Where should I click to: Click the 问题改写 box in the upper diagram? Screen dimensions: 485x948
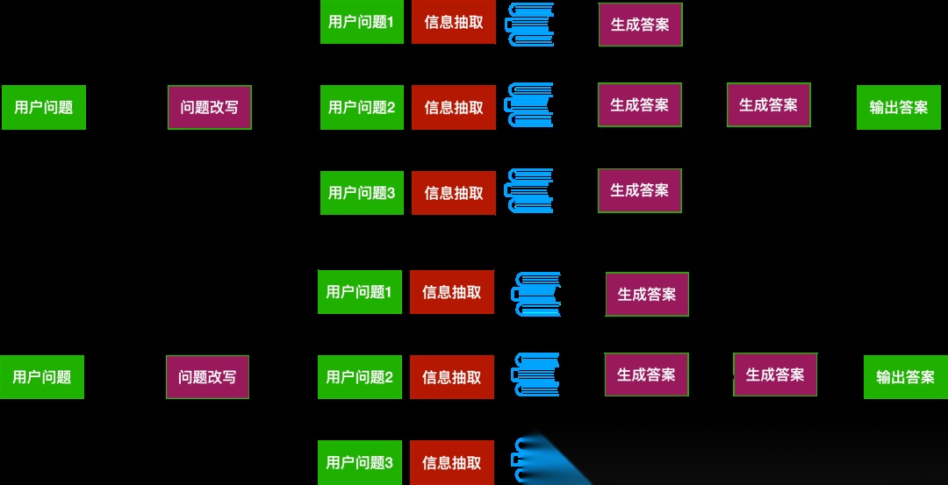click(210, 108)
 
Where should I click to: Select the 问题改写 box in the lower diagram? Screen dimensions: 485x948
click(207, 377)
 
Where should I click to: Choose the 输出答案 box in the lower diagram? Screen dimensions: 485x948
click(905, 377)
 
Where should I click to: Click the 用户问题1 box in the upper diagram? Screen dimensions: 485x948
click(362, 22)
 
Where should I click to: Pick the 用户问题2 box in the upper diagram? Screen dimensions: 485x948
click(362, 108)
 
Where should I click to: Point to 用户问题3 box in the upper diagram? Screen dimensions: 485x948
click(362, 193)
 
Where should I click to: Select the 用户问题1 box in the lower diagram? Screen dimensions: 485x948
click(360, 292)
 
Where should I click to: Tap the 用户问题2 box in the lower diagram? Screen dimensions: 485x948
click(360, 377)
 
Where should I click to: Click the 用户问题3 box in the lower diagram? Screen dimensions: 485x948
click(360, 462)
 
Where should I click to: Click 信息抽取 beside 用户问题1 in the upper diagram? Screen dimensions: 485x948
click(454, 22)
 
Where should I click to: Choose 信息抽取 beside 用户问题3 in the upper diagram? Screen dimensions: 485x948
click(454, 193)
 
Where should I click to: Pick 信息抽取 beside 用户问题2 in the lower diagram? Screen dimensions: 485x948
click(452, 377)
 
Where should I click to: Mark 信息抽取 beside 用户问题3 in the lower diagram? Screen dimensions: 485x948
click(452, 462)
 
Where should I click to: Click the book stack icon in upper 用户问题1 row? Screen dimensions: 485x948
click(530, 24)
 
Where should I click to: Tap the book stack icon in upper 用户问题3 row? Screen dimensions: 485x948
click(530, 192)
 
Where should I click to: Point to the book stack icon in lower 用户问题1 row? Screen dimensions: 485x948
click(537, 294)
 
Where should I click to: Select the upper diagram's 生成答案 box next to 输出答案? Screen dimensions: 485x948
click(768, 105)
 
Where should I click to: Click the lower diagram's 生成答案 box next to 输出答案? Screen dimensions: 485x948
click(775, 374)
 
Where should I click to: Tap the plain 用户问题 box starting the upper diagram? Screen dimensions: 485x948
click(44, 108)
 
